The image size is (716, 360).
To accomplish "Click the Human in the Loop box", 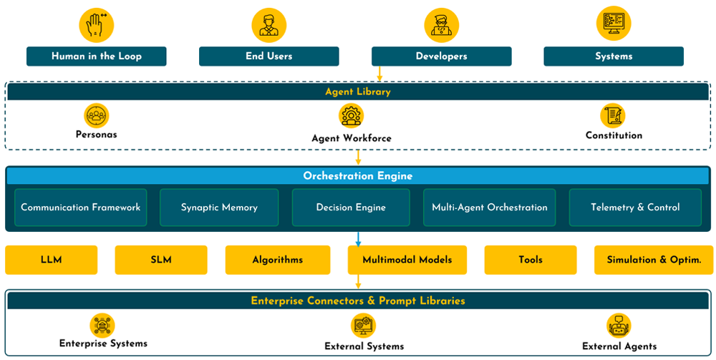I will click(96, 57).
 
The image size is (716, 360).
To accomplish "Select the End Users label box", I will click(268, 57).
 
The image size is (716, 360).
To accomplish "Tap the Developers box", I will click(441, 57).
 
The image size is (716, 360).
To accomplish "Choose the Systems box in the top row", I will click(614, 57).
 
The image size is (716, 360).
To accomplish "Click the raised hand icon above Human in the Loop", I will click(96, 24).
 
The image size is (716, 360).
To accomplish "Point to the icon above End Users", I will click(268, 24).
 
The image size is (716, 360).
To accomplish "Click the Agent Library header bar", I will click(358, 92).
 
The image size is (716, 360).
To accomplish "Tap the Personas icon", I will click(96, 115).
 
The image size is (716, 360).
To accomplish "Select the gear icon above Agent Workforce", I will click(351, 115).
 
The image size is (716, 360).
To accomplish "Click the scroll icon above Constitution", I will click(613, 115).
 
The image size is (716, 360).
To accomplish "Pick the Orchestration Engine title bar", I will click(358, 176).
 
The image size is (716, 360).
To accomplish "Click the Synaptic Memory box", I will click(219, 208).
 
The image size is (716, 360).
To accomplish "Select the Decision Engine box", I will click(351, 208).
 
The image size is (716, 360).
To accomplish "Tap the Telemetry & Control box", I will click(635, 208).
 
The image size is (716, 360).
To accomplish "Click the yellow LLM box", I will click(51, 260).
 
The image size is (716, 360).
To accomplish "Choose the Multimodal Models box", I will click(407, 260).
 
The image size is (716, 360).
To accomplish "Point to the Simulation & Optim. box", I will click(654, 260).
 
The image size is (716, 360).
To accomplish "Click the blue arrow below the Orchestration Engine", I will click(358, 239).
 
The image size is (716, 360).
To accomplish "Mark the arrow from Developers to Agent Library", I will click(379, 74).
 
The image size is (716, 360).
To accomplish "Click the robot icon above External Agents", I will click(619, 326).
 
